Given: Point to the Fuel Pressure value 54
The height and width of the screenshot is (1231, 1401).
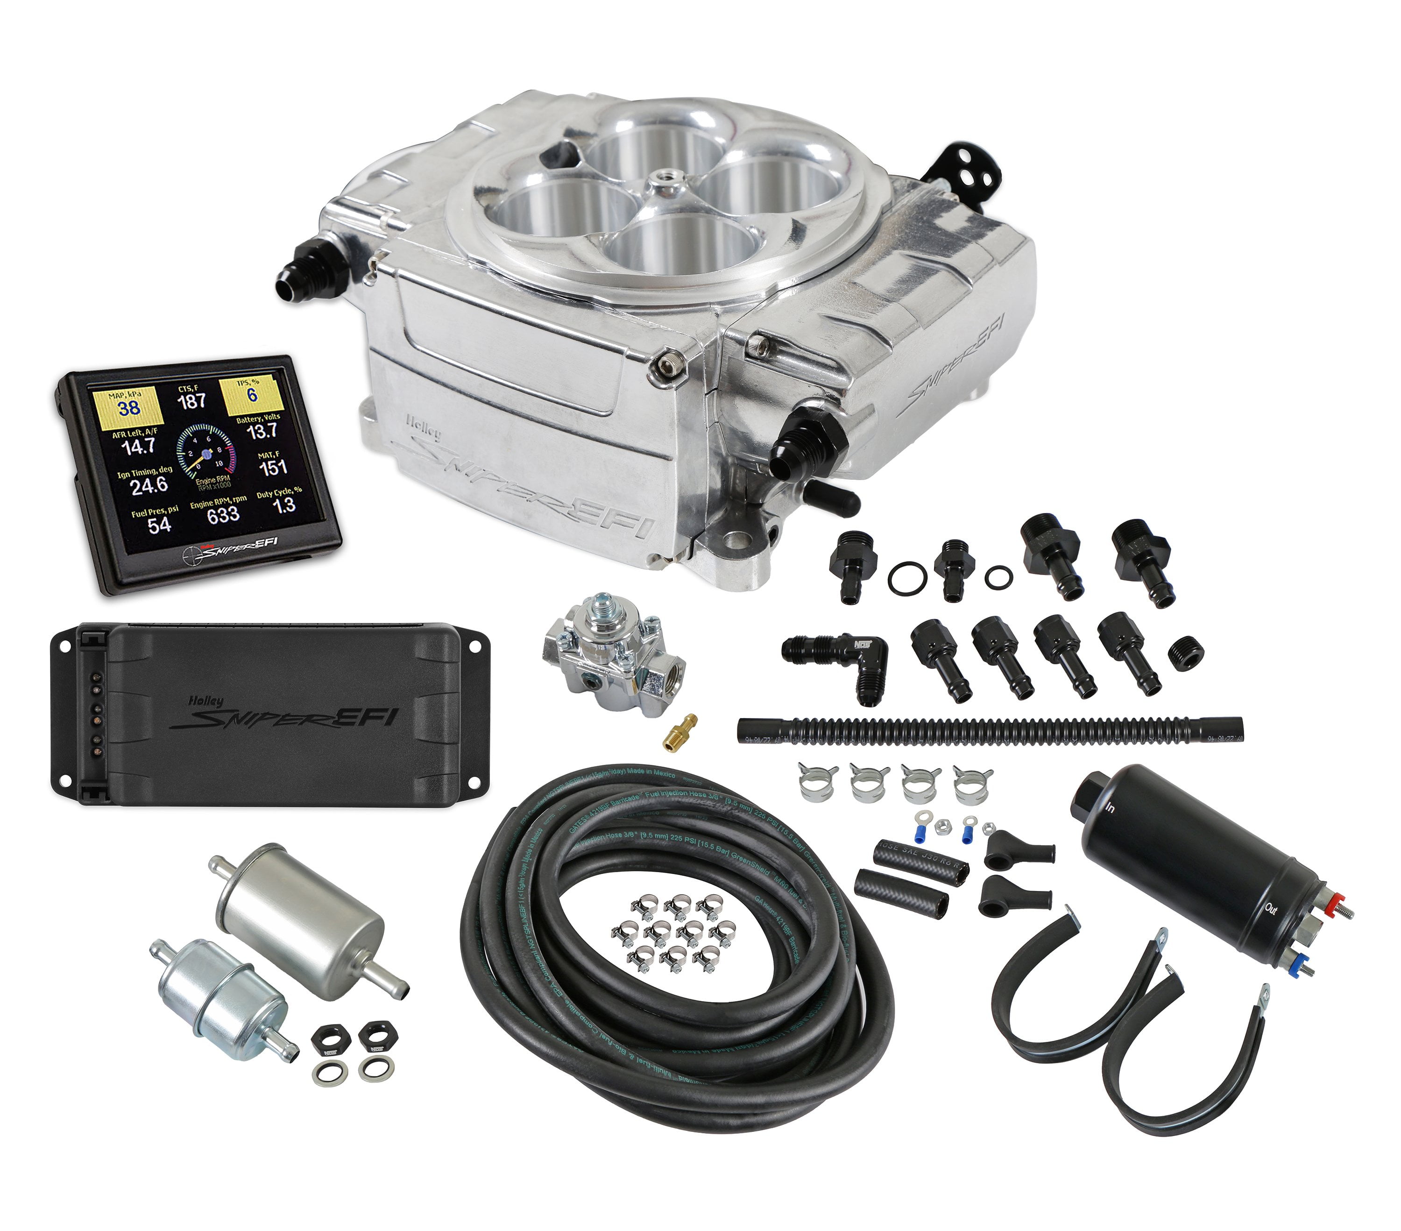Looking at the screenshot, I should tap(159, 525).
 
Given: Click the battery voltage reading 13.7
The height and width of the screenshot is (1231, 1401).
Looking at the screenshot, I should tap(262, 431).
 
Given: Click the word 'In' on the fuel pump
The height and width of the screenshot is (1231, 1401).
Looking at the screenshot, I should tap(1110, 808).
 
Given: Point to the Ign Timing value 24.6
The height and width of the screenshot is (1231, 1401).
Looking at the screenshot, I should tap(149, 485).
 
